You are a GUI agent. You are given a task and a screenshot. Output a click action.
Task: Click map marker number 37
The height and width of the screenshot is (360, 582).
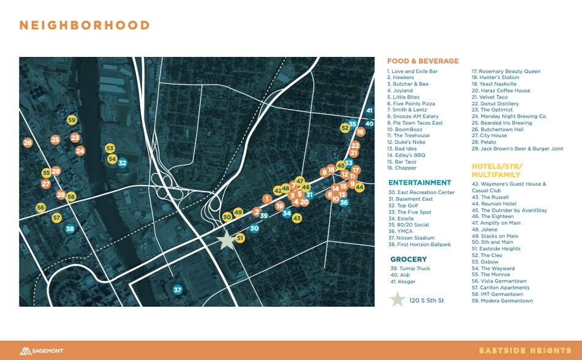click(178, 290)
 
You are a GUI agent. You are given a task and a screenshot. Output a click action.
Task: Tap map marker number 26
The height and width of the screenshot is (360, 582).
click(28, 143)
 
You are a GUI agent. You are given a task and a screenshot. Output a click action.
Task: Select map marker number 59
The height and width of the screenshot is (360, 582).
click(72, 121)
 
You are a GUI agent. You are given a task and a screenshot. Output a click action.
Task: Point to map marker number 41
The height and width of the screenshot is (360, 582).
click(369, 111)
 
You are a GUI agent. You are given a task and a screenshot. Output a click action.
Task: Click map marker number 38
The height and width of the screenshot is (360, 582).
click(70, 229)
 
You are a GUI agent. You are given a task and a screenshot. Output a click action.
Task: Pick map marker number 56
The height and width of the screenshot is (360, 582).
click(40, 208)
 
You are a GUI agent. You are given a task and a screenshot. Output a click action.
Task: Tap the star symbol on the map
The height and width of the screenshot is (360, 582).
click(227, 240)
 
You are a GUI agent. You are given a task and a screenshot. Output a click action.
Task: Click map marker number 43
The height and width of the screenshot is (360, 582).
click(297, 218)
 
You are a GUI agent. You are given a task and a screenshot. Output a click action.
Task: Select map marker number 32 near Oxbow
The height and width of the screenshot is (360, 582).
click(123, 163)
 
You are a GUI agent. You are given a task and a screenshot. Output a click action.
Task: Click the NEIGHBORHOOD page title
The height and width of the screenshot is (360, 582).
click(85, 26)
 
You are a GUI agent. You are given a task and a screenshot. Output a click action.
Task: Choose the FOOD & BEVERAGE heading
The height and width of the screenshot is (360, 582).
click(423, 61)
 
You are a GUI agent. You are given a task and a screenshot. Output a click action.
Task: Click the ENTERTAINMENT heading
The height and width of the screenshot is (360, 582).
click(420, 182)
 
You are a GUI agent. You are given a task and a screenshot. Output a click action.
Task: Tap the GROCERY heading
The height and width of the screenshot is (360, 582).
click(409, 260)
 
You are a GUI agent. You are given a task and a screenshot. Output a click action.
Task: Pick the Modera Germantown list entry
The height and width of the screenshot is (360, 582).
click(502, 301)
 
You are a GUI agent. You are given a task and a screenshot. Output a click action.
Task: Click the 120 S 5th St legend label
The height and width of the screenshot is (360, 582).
click(428, 301)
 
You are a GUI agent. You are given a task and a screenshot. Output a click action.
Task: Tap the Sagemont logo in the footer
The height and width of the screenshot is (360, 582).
click(41, 351)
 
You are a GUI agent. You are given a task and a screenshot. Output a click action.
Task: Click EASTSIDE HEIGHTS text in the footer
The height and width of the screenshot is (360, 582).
click(524, 351)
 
